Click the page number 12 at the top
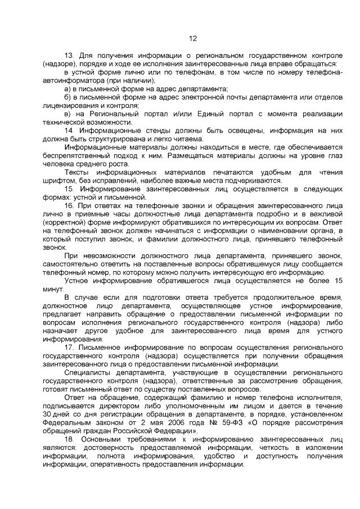pos(191,39)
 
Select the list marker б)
pos(67,97)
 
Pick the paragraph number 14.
pos(69,130)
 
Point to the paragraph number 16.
pos(69,206)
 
